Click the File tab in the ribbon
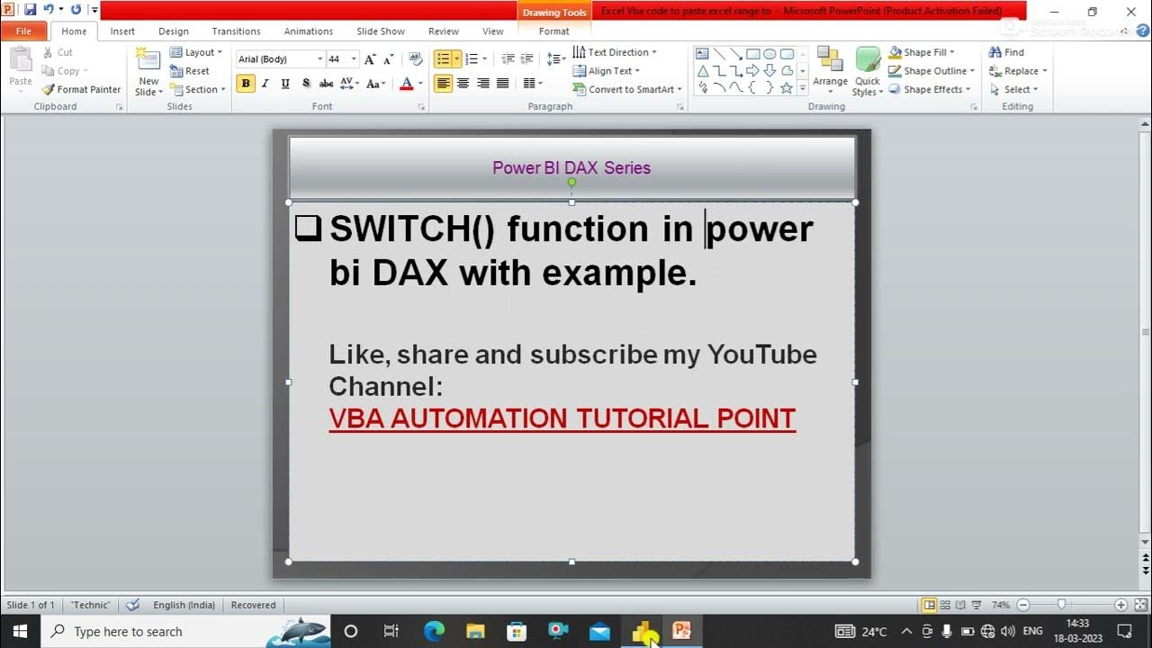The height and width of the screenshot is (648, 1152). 23,31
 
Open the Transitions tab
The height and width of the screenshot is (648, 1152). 236,31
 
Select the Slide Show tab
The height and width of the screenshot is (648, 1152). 380,31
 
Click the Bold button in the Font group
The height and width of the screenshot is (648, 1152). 245,84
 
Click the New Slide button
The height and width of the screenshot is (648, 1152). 148,72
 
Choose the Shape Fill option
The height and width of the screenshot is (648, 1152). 922,52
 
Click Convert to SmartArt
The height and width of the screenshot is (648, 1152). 627,89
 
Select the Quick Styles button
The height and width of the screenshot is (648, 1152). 867,72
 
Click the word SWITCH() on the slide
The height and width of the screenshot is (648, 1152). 412,229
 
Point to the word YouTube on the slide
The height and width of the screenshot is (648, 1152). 761,355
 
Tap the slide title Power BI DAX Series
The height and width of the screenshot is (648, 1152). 571,168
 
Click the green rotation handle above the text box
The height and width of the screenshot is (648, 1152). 571,183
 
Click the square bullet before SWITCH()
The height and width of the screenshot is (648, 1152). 308,229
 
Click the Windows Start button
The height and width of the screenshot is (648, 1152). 19,631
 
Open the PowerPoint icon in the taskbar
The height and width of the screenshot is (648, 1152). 681,631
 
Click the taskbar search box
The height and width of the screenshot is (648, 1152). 153,631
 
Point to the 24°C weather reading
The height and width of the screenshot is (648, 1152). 874,632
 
